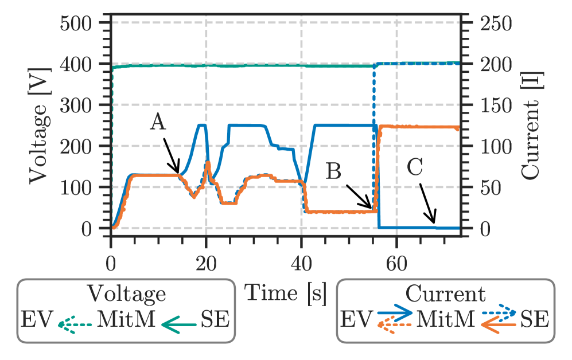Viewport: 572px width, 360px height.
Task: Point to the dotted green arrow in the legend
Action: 75,326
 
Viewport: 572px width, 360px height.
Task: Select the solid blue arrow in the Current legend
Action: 395,312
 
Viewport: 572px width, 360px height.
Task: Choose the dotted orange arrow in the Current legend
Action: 395,326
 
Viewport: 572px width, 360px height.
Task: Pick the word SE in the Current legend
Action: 534,319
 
